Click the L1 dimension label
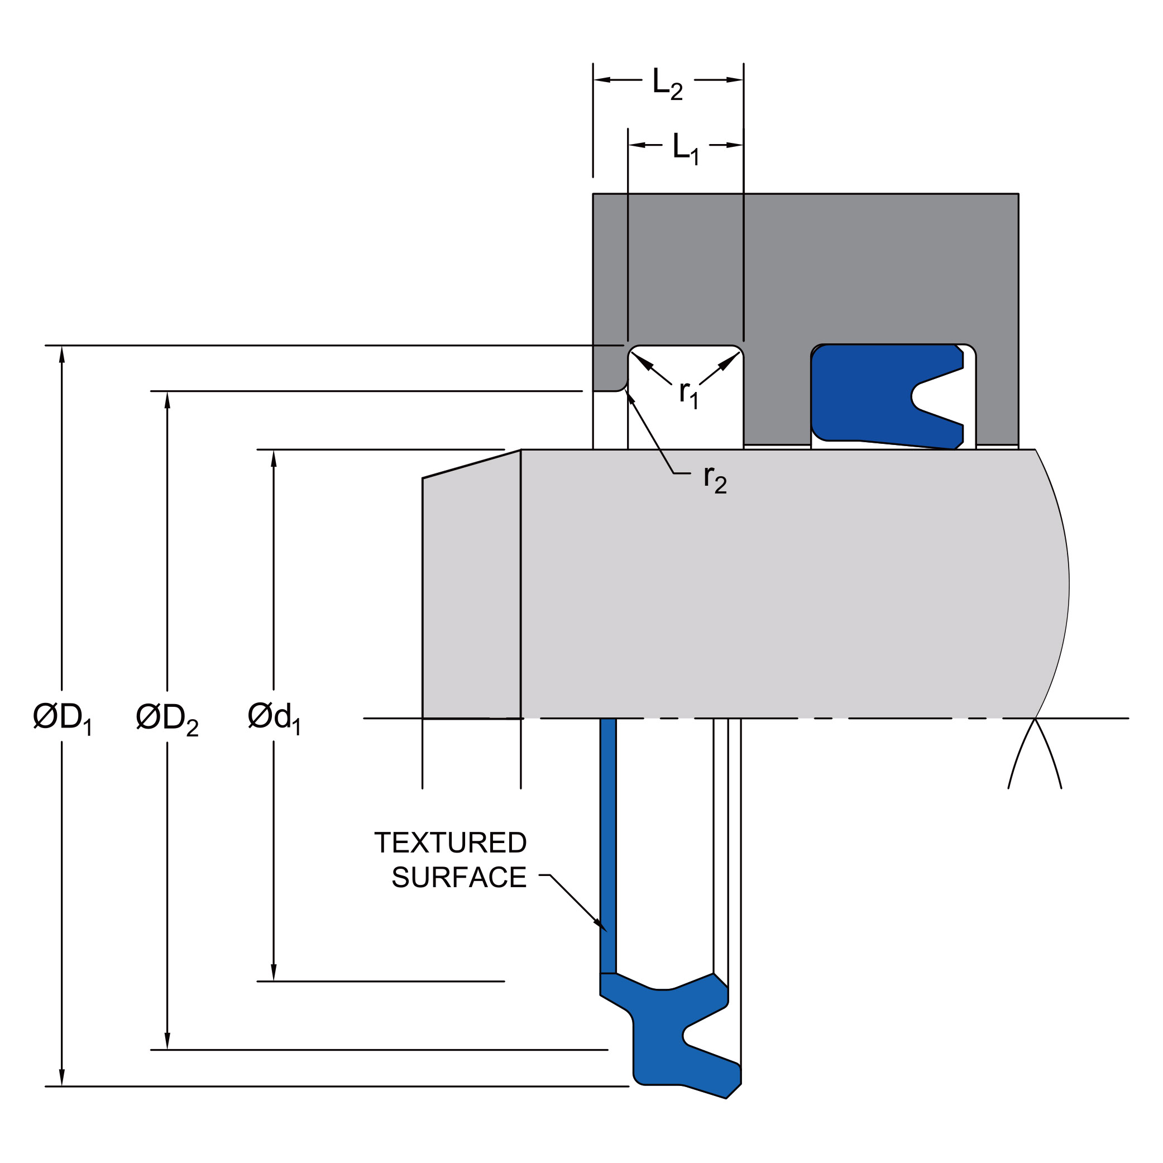tap(686, 149)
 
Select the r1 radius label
tap(688, 395)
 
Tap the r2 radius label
tap(715, 480)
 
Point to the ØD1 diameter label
tap(63, 719)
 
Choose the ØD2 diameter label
tap(167, 719)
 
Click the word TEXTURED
tap(450, 843)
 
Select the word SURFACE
tap(460, 878)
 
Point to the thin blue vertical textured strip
tap(608, 846)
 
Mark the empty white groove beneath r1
tap(686, 415)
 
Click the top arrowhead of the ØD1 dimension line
tap(62, 354)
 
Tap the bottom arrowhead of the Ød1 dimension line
tap(274, 972)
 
